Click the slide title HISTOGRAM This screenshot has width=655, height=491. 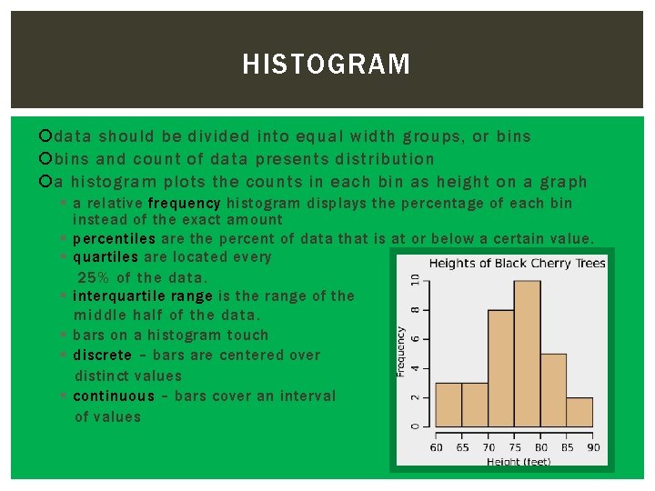(327, 65)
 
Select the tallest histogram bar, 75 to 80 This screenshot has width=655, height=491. (527, 354)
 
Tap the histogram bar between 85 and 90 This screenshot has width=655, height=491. (579, 412)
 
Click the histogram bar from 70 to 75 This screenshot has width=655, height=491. (501, 368)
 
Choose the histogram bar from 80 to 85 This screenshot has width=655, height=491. (553, 390)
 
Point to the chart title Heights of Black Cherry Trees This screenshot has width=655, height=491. (517, 264)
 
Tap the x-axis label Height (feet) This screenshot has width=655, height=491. (518, 462)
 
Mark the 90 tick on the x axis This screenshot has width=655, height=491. (593, 446)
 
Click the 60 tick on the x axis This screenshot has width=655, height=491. (436, 446)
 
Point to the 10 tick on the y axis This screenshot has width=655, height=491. (415, 282)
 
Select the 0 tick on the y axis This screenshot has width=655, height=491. (415, 426)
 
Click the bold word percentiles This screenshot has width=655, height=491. (114, 239)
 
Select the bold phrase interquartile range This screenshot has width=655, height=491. (142, 296)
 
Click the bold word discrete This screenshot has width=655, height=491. (102, 356)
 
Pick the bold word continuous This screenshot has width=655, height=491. (114, 396)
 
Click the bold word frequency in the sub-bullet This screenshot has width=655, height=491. (184, 204)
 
